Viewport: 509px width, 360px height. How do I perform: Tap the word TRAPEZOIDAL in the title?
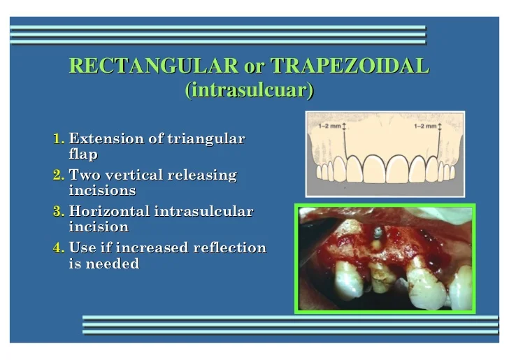click(x=350, y=66)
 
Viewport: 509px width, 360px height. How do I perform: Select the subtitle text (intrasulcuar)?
click(x=249, y=90)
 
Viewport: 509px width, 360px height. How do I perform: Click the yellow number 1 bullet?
click(x=59, y=138)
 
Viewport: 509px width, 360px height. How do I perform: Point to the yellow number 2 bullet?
click(x=59, y=175)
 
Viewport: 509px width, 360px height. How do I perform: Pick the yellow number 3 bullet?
click(x=59, y=211)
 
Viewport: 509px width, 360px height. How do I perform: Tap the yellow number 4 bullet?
click(x=59, y=247)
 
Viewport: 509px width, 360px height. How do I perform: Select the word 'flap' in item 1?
click(x=83, y=154)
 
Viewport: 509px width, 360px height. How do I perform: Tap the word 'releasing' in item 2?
click(x=202, y=175)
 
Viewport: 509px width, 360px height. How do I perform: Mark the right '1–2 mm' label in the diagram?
click(x=427, y=127)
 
